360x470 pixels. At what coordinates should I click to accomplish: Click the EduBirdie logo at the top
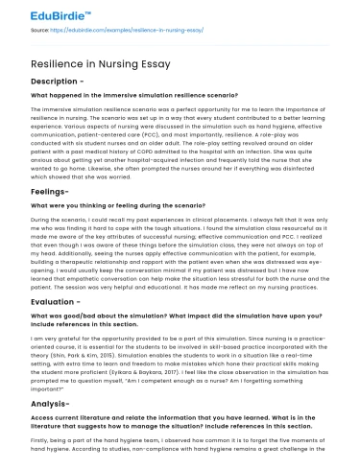(x=46, y=16)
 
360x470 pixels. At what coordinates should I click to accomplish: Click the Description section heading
(x=59, y=81)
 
